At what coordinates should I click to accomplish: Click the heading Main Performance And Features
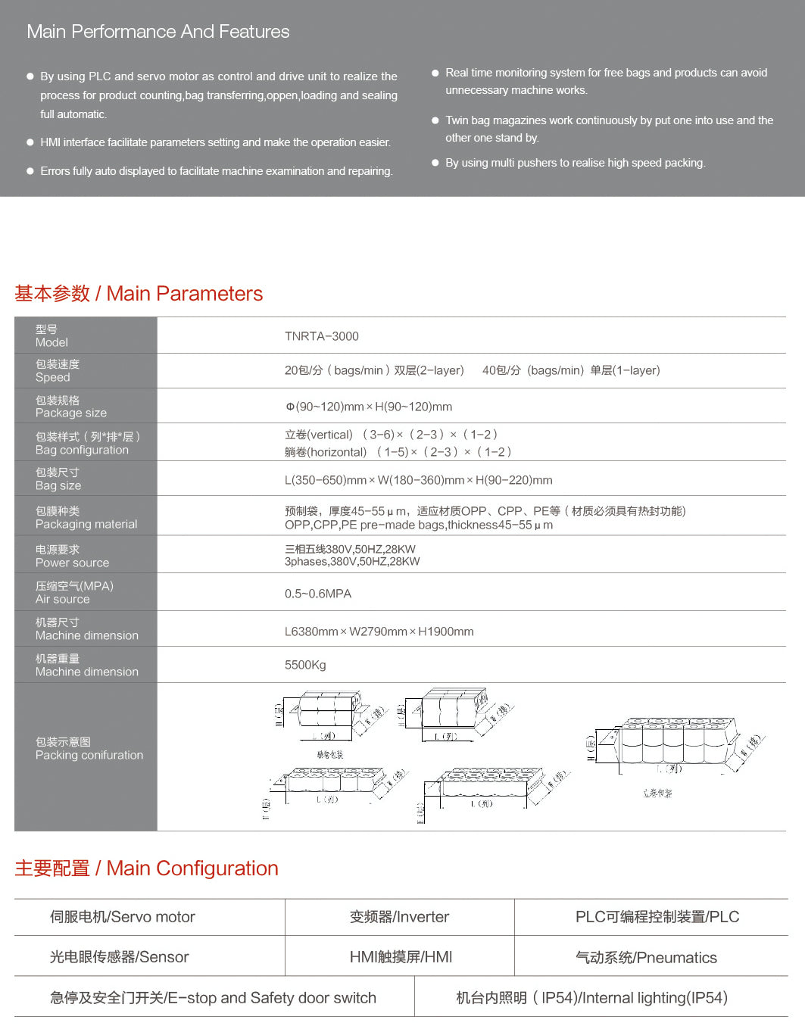click(x=158, y=32)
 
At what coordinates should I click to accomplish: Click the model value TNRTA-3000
click(x=321, y=336)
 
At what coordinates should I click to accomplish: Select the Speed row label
click(x=58, y=370)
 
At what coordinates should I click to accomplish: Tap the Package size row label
click(x=70, y=407)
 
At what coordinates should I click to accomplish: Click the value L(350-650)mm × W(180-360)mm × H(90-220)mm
click(x=418, y=480)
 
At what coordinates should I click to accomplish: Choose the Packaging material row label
click(x=86, y=517)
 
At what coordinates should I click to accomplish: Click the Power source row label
click(x=72, y=556)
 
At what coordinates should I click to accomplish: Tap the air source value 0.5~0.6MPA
click(x=317, y=594)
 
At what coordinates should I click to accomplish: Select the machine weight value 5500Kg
click(x=305, y=665)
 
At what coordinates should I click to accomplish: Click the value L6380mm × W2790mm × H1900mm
click(x=379, y=632)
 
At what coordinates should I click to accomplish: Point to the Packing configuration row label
click(x=89, y=748)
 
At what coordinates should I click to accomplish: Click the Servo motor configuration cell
click(x=122, y=917)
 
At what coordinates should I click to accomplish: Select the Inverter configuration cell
click(x=399, y=917)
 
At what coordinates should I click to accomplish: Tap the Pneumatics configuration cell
click(x=646, y=958)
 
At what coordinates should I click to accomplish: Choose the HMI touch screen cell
click(x=401, y=957)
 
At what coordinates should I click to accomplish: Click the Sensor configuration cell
click(x=119, y=957)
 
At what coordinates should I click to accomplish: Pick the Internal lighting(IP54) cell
click(x=591, y=998)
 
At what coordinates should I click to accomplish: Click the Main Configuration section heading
click(x=146, y=869)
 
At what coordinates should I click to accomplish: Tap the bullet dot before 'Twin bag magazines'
click(x=435, y=120)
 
